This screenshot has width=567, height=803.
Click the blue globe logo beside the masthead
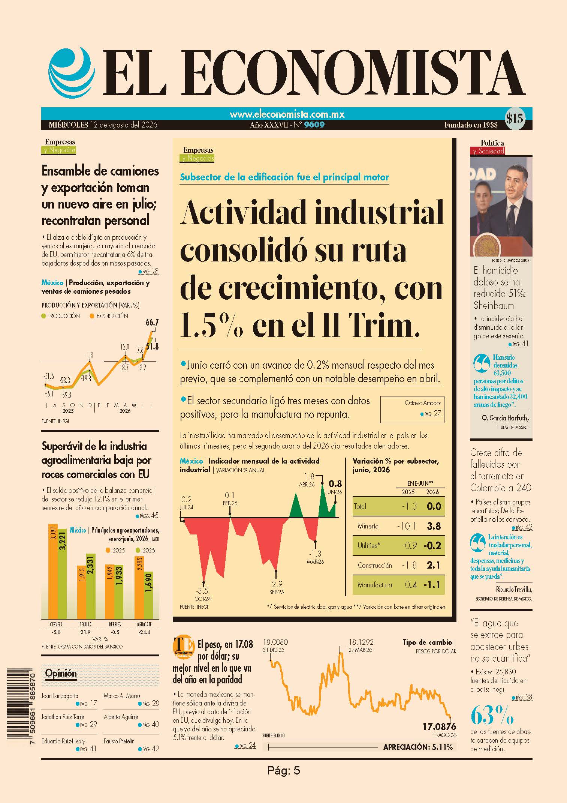click(x=70, y=72)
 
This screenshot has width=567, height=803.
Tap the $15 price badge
click(x=514, y=119)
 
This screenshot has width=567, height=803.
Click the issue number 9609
click(x=314, y=125)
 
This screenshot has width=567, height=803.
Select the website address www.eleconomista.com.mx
click(x=287, y=114)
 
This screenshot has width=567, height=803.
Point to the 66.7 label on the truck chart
click(x=152, y=322)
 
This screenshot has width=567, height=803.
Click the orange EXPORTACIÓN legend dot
click(x=92, y=316)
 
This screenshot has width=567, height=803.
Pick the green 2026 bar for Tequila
click(x=91, y=586)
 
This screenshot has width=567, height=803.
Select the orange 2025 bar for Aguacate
click(x=139, y=587)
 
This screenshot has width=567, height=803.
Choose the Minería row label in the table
click(x=368, y=526)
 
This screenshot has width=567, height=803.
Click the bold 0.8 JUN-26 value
click(x=335, y=484)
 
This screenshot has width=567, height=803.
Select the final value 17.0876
click(x=439, y=726)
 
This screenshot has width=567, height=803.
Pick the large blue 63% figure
click(x=492, y=715)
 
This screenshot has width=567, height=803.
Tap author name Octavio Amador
click(x=423, y=403)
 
